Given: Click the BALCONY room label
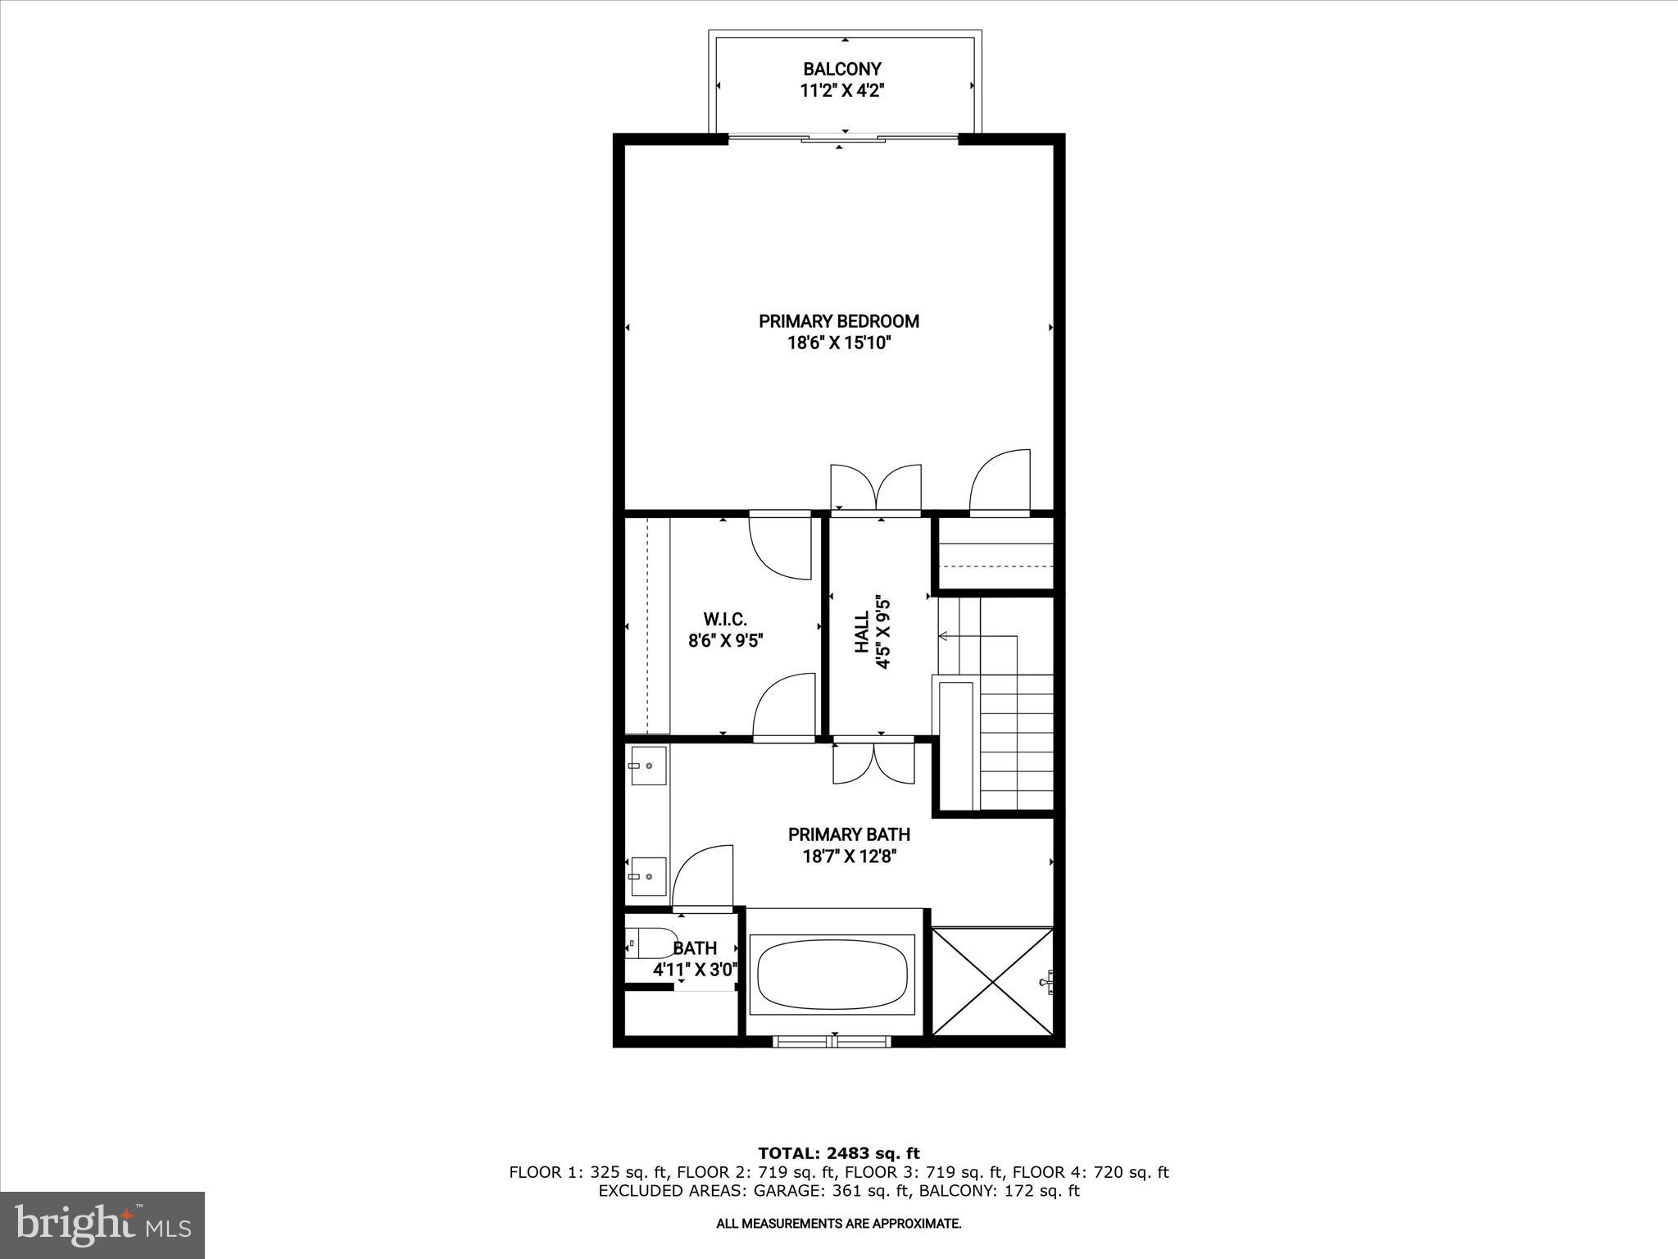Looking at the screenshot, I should click(x=841, y=69).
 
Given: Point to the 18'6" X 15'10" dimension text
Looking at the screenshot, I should click(x=839, y=343).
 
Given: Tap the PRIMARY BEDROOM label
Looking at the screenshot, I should click(x=839, y=320).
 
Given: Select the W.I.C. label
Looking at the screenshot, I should click(x=725, y=619).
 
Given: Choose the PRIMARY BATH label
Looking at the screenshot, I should click(x=849, y=834).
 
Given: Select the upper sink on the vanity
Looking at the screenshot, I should click(x=648, y=766).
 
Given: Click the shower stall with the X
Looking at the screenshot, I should click(x=992, y=981).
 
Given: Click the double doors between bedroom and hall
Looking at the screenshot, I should click(x=876, y=489).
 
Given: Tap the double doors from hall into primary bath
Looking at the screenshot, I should click(x=873, y=763).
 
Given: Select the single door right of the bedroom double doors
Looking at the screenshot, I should click(x=1000, y=482).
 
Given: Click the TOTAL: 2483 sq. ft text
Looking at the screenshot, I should click(x=838, y=1153).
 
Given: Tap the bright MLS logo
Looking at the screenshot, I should click(x=102, y=1225).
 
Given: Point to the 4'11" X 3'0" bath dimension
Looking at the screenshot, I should click(x=695, y=970).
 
